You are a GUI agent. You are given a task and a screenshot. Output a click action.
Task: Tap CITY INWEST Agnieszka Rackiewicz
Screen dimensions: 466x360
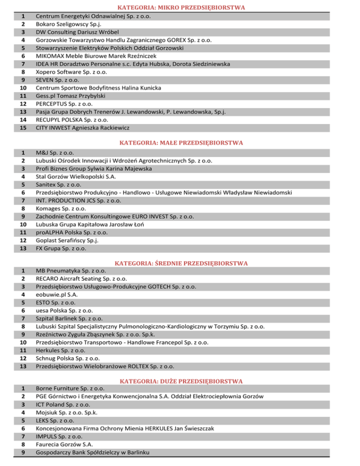(83, 127)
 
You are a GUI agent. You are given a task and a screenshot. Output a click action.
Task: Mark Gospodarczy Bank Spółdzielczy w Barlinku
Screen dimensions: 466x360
(94, 452)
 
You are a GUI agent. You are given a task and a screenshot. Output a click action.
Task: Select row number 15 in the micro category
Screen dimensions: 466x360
(21, 127)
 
